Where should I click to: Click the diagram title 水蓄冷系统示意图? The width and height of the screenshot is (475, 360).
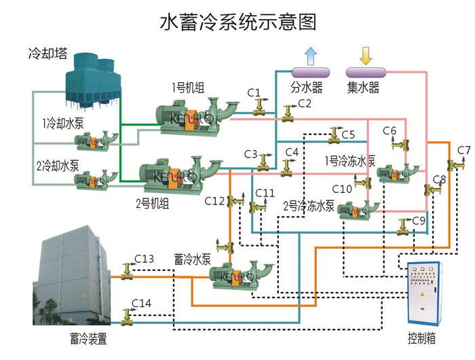(x=237, y=22)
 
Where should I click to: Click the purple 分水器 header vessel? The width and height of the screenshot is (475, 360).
(x=309, y=71)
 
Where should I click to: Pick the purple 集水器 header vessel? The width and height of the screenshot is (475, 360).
(x=365, y=71)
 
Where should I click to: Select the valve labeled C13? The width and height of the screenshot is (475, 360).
(x=125, y=271)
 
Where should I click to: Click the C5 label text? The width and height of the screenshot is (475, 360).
(x=348, y=134)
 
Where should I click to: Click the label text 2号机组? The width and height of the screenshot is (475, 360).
(x=153, y=202)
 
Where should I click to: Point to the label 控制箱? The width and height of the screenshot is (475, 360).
(x=421, y=338)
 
